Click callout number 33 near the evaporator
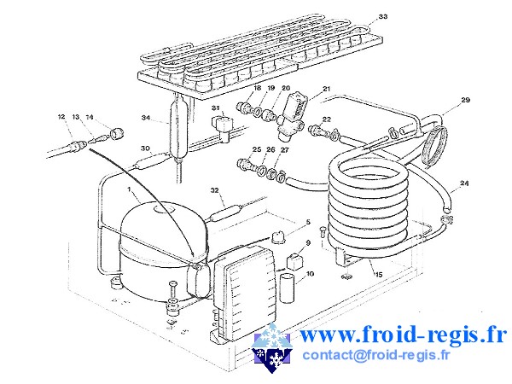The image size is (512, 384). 382,16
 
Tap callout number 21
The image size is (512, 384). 327,89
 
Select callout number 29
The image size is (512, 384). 465,100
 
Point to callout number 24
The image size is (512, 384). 464,183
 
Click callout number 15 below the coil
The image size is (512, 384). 378,275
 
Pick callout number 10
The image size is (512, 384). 310,273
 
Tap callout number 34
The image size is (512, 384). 146,118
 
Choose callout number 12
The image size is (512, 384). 61,117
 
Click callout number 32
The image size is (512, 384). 214,190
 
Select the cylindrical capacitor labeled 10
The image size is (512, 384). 288,288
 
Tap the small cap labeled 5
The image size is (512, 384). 278,236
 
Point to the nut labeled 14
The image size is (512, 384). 117,133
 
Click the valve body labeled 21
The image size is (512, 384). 290,117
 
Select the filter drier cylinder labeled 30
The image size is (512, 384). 151,161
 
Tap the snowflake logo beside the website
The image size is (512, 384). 271,348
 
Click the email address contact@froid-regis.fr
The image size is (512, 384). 375,355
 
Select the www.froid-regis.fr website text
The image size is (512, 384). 403,335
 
